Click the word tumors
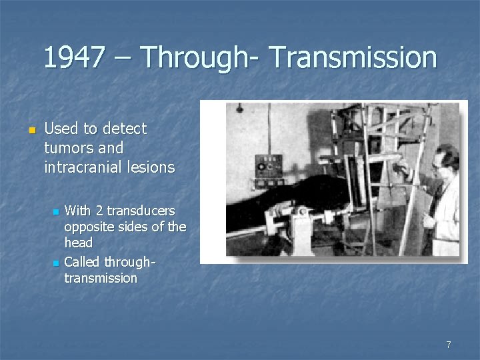point(65,147)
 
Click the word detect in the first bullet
point(124,128)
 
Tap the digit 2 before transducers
point(99,211)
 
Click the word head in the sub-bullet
point(78,243)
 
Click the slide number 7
point(448,345)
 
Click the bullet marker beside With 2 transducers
point(56,212)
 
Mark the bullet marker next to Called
point(56,262)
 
